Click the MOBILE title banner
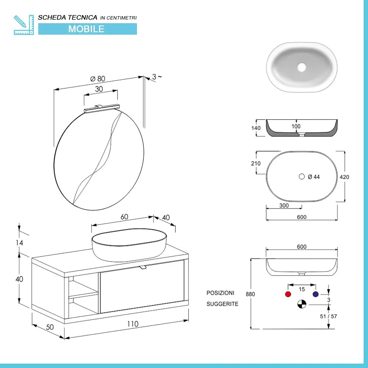(x=87, y=29)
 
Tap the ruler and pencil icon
(x=24, y=25)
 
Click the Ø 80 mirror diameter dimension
(x=98, y=78)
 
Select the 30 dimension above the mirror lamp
(x=99, y=89)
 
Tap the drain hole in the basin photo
(x=302, y=67)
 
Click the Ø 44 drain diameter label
(x=314, y=177)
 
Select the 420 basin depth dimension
(x=344, y=177)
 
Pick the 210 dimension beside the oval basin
(x=256, y=163)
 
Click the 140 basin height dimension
(x=256, y=128)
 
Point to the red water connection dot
(x=288, y=294)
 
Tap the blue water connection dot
(x=315, y=294)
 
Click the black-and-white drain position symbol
(x=302, y=304)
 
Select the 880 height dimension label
(x=250, y=294)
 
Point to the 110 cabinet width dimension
(x=133, y=324)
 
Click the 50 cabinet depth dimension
(x=50, y=327)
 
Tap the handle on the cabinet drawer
(x=143, y=266)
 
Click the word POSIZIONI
(x=220, y=293)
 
